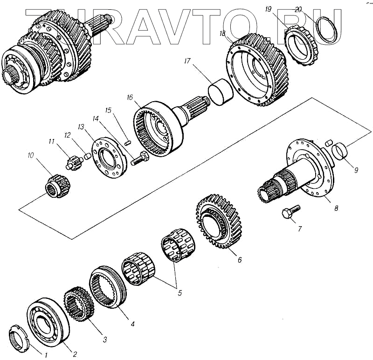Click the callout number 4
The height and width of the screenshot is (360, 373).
click(133, 323)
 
